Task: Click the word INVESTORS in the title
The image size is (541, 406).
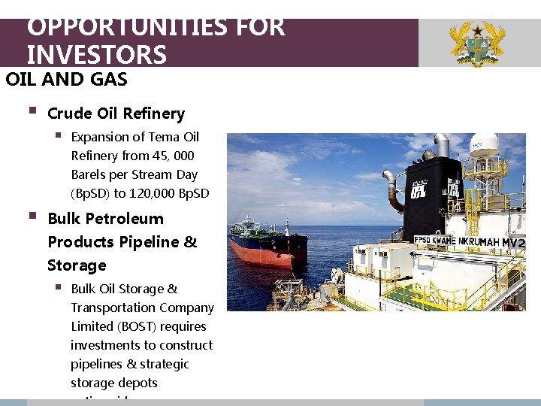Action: tap(96, 55)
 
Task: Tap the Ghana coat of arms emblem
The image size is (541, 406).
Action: tap(476, 44)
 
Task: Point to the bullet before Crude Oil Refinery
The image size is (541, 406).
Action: tap(31, 112)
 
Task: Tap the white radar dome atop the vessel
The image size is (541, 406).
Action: tap(484, 145)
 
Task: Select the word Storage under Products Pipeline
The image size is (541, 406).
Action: tap(77, 265)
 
